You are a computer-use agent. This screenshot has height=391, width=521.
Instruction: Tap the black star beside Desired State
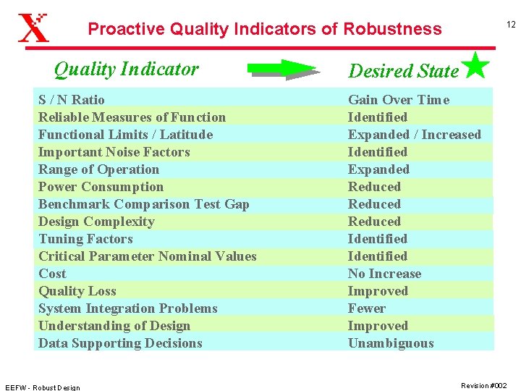point(475,65)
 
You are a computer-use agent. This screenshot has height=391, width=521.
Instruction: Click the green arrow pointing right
point(282,70)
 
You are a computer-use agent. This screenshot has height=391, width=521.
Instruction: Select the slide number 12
point(510,25)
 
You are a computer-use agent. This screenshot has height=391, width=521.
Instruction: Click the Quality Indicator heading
point(126,70)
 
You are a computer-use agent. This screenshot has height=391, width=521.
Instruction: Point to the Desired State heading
point(403,71)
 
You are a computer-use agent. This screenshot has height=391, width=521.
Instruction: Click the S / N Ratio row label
point(71,100)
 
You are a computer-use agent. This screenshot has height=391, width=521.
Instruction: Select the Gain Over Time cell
point(398,100)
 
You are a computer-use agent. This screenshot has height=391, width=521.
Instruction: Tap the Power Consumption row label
point(101,187)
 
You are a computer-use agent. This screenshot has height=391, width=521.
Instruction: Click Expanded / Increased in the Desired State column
point(414,135)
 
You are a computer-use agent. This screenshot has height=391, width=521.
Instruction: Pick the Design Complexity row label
point(96,222)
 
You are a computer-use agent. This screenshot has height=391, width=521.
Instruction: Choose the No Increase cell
point(384,274)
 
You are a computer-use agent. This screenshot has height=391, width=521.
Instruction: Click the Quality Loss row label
point(77,291)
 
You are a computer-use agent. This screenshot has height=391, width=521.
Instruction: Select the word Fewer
point(367,308)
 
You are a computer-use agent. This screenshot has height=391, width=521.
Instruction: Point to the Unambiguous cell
point(391,343)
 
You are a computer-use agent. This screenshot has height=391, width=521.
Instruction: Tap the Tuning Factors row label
point(85,239)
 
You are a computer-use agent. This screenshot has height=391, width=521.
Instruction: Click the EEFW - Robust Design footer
point(42,387)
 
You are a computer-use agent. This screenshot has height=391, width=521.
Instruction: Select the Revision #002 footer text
point(483,386)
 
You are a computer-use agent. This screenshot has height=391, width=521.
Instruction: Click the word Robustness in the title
point(392,29)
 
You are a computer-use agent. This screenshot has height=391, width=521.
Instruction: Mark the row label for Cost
point(52,274)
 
